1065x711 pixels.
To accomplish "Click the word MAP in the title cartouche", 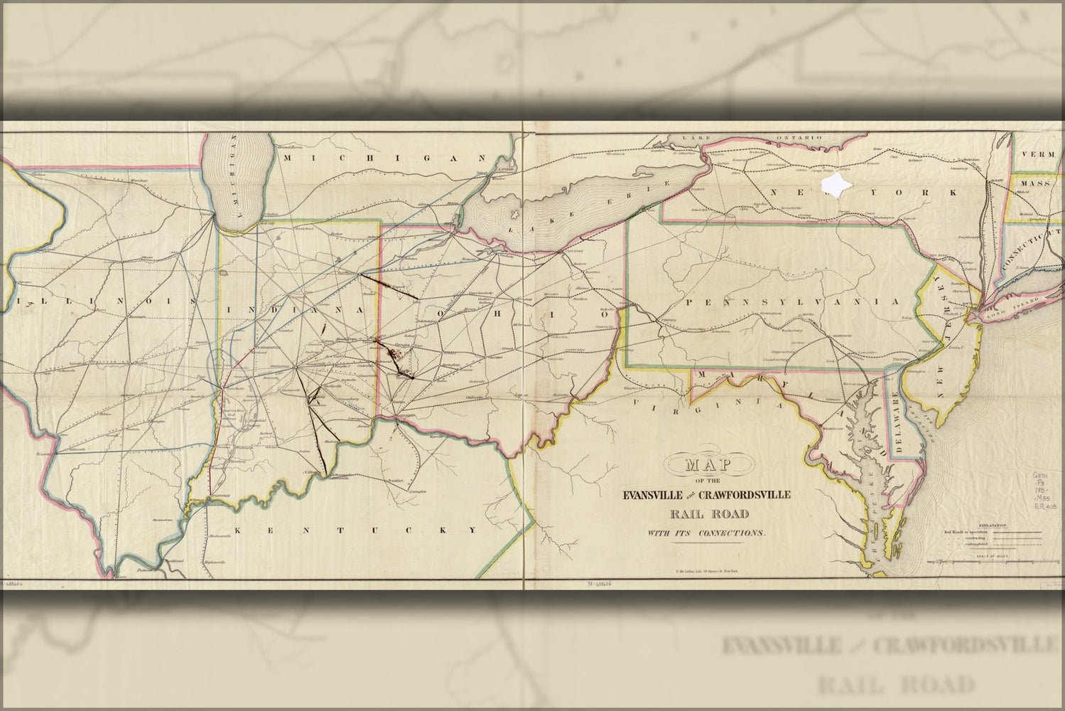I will tap(707, 466).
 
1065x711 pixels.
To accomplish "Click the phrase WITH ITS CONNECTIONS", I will tap(706, 533).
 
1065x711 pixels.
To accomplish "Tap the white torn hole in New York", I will tap(836, 184).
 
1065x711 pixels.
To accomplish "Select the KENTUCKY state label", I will tap(355, 530).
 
